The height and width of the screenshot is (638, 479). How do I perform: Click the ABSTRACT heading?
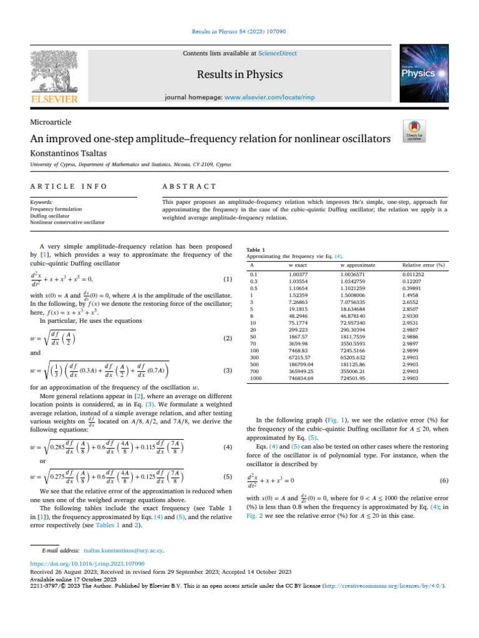189,186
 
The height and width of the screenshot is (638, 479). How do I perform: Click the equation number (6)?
443,480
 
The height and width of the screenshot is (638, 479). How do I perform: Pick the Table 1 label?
256,249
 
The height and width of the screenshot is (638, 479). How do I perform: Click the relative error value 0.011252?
414,274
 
